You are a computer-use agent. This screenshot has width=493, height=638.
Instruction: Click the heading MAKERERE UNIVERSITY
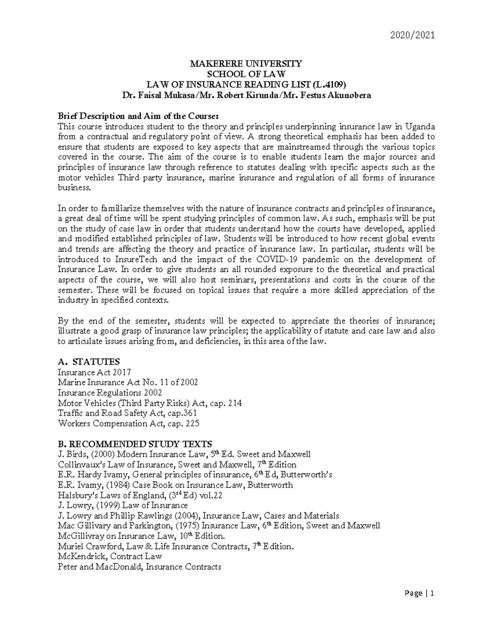[x=245, y=64]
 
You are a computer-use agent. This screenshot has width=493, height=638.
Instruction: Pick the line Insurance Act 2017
[x=94, y=372]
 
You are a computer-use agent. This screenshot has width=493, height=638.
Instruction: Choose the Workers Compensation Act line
[x=128, y=424]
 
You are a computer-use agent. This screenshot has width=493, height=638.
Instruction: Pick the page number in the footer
[x=432, y=593]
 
